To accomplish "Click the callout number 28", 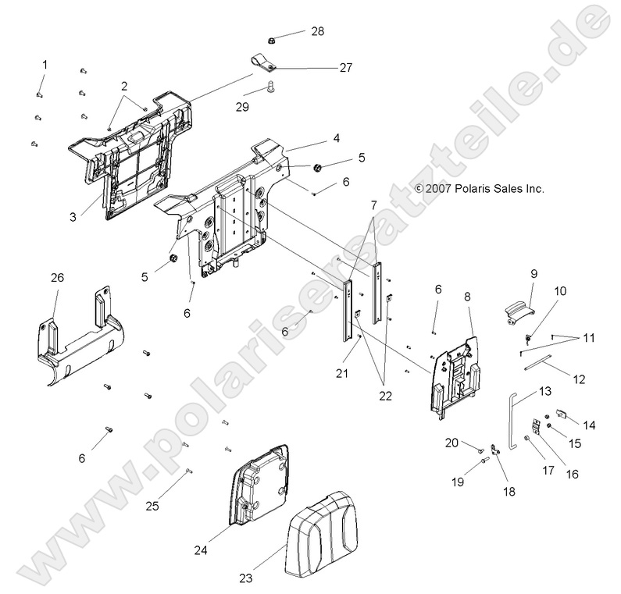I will click(317, 31).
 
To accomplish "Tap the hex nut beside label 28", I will click(270, 38).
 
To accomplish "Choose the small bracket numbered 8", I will click(455, 371).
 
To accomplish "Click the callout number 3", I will click(72, 216).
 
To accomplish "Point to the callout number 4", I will click(313, 138).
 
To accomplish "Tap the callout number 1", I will click(45, 64).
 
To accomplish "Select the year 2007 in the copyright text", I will click(459, 189).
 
